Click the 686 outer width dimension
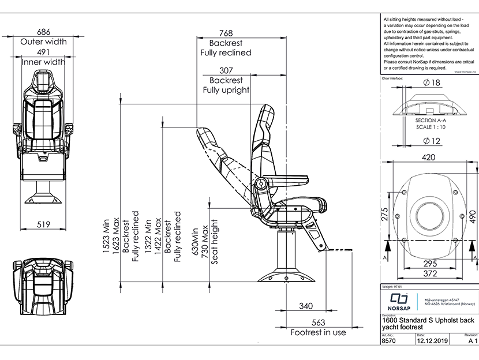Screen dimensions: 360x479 [x=44, y=31]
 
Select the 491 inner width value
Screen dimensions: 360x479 [x=43, y=51]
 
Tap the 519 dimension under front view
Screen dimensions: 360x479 [x=44, y=224]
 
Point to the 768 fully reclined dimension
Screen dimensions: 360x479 [x=226, y=33]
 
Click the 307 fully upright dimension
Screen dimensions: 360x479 [x=226, y=70]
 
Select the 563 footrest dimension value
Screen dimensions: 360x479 [x=318, y=322]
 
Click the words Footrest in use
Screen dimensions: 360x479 [x=318, y=332]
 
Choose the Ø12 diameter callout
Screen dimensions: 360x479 [x=432, y=140]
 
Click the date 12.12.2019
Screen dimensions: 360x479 [x=432, y=341]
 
